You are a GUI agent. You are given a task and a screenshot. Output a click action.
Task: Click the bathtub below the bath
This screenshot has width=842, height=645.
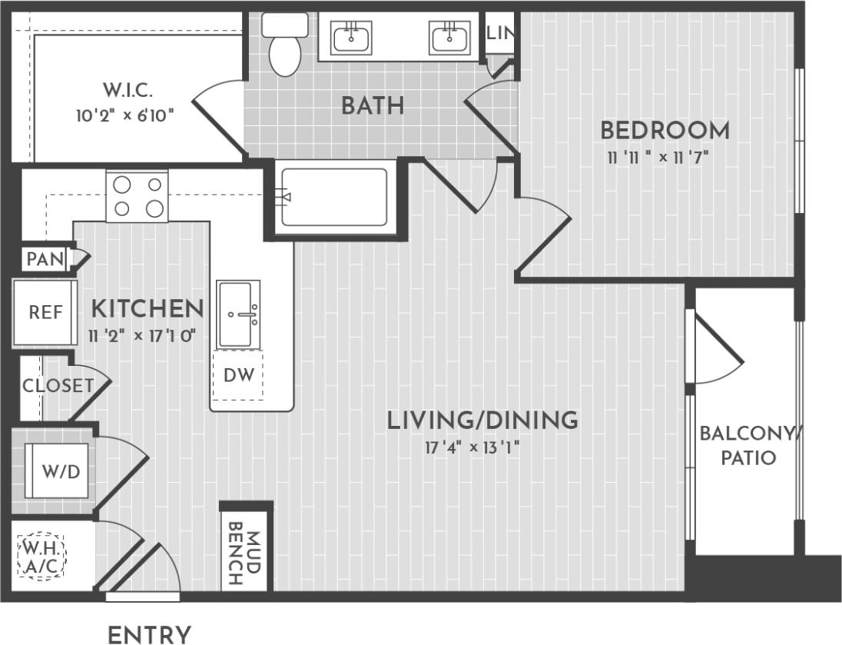coord(333,197)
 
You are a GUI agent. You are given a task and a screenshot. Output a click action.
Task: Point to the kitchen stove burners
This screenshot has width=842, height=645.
coord(137,197)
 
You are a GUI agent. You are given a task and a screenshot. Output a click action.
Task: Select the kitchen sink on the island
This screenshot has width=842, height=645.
coord(238,314)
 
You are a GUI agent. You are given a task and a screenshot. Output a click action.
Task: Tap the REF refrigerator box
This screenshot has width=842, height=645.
coord(45,312)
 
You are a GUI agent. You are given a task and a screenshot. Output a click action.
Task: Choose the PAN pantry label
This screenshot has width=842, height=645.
coord(45,259)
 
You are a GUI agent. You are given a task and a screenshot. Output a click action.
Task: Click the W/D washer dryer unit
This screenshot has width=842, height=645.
coord(60,471)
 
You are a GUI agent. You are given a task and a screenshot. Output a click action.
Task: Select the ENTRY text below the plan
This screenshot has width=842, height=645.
coord(149,635)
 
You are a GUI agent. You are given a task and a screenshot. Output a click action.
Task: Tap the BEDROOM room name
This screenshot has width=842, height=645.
coord(665,131)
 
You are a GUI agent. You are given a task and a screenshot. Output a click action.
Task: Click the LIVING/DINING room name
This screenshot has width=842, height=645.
coord(482,421)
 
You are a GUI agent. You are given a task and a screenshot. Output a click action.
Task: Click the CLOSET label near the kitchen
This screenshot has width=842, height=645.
coord(58,386)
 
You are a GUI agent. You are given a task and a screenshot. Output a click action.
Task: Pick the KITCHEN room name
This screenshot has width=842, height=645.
coord(148,309)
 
